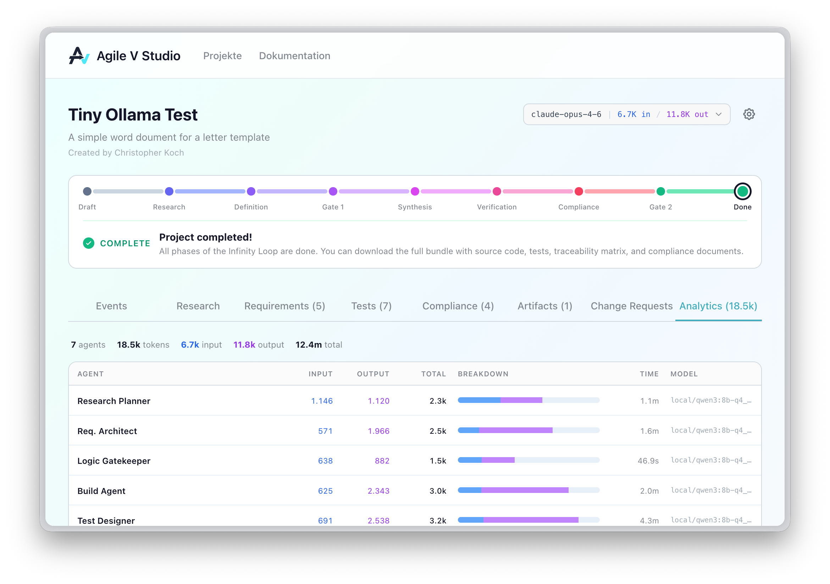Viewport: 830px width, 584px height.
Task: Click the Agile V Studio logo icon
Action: (x=79, y=56)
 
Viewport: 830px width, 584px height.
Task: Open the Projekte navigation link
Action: (x=222, y=56)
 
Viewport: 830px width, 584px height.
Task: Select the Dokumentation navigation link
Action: (x=294, y=56)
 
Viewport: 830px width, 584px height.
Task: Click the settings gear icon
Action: (x=749, y=114)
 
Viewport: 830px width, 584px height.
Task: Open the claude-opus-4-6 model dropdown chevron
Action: (x=718, y=114)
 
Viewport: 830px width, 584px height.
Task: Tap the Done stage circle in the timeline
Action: (x=742, y=191)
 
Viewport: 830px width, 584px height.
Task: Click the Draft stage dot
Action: (x=87, y=191)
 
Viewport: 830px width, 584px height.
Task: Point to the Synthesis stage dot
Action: (x=415, y=191)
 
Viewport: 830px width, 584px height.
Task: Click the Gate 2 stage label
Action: (x=660, y=207)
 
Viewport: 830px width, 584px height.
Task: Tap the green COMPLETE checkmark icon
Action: (x=89, y=243)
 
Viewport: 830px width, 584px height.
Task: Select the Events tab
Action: (x=111, y=306)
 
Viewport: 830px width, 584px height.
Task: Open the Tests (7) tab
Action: (x=371, y=306)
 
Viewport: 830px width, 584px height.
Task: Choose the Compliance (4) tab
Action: (x=458, y=306)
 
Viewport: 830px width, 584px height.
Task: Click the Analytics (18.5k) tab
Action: (x=718, y=306)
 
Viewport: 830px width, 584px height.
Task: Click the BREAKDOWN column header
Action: (x=483, y=374)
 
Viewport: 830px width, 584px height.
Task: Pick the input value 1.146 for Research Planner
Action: (x=322, y=401)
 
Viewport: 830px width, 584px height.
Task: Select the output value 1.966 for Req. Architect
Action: (x=378, y=431)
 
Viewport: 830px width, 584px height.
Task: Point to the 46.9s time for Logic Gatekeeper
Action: (x=648, y=461)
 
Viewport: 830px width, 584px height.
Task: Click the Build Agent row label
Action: (x=101, y=491)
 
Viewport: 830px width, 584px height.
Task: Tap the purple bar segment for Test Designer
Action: (x=531, y=520)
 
